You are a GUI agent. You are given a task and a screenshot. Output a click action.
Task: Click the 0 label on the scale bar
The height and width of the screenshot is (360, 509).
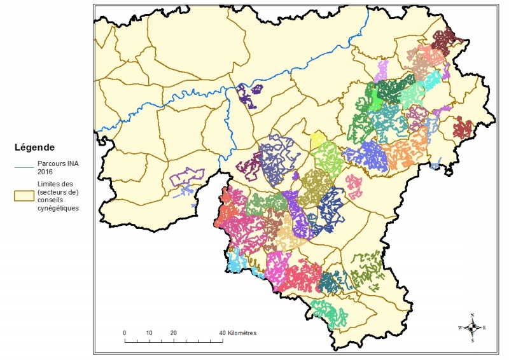(124, 333)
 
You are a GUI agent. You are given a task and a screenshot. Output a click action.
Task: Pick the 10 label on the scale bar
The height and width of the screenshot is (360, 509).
(148, 333)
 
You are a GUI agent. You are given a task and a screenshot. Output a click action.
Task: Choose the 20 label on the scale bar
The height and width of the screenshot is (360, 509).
(173, 333)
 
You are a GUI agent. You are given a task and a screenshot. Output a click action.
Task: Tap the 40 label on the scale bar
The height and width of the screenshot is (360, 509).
(222, 333)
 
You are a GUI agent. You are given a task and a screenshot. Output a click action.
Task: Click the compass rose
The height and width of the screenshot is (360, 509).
(472, 328)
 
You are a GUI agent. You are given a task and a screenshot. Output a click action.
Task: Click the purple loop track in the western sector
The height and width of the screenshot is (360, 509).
(186, 177)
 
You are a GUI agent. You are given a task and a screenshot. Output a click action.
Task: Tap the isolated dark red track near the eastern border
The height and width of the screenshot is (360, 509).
(464, 128)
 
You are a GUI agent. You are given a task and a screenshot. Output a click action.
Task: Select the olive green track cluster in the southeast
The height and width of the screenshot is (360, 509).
(366, 269)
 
